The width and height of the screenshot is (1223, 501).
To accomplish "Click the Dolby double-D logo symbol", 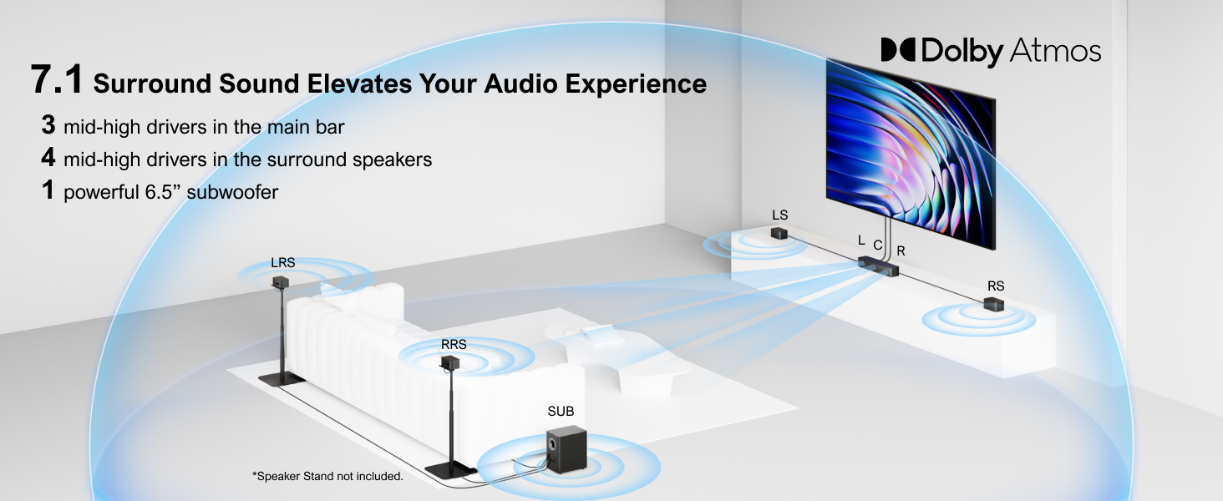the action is [899, 49].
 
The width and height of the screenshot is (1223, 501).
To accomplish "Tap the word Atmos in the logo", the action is [1055, 50].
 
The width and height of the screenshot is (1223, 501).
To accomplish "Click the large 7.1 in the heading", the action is [57, 79].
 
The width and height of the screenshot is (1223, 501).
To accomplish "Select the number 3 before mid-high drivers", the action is [48, 125].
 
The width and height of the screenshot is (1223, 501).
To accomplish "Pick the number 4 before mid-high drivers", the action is [48, 158].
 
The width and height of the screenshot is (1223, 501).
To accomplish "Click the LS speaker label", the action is [779, 215].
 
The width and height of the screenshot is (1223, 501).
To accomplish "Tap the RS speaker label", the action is [996, 286].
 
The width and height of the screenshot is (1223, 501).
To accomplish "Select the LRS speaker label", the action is [283, 262].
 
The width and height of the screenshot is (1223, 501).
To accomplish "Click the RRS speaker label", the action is [454, 344].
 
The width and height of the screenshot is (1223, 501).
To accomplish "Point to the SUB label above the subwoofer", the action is [561, 411].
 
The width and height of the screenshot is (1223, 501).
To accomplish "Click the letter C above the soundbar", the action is [877, 245].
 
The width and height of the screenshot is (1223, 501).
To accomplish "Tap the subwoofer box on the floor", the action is [566, 450].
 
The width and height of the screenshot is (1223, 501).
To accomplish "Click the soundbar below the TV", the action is [878, 266].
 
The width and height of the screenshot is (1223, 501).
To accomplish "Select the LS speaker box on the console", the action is [779, 234].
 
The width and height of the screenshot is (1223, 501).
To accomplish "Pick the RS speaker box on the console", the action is [994, 304].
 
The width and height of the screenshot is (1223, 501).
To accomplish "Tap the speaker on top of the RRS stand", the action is [450, 362].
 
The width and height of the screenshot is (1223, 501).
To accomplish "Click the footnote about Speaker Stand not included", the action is [327, 476].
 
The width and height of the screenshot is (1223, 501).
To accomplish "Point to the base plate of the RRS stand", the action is [451, 468].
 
